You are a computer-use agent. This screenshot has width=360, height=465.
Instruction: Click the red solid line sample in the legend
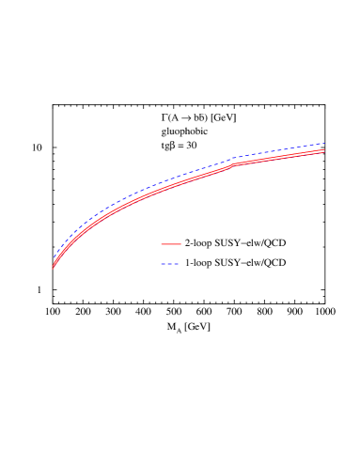[x=170, y=244]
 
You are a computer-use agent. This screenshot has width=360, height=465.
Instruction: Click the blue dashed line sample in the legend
[x=170, y=264]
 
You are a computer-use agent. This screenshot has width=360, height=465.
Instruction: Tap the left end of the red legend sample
[x=161, y=244]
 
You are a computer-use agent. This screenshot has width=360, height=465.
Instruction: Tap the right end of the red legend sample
[x=180, y=244]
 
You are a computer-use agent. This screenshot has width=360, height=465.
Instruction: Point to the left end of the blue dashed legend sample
[x=161, y=264]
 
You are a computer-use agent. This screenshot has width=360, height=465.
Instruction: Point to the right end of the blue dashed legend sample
[x=180, y=264]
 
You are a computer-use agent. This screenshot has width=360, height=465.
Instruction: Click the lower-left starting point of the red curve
[x=53, y=269]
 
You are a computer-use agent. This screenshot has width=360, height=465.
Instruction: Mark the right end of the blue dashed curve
[x=325, y=143]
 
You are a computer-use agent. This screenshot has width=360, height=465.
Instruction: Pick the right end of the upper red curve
[x=325, y=149]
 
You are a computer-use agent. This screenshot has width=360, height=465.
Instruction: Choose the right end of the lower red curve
[x=325, y=152]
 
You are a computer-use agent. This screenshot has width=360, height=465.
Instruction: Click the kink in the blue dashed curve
[x=235, y=158]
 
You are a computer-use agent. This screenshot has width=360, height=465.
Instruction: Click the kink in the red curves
[x=235, y=164]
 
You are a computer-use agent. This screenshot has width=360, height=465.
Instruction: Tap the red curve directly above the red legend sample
[x=170, y=184]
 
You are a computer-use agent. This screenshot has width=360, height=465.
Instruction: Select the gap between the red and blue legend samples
[x=170, y=254]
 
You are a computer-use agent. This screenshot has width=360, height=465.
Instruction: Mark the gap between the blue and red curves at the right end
[x=324, y=147]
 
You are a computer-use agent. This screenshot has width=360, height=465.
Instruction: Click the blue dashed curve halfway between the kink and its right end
[x=280, y=149]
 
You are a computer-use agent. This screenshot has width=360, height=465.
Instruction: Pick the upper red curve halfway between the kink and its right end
[x=280, y=156]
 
